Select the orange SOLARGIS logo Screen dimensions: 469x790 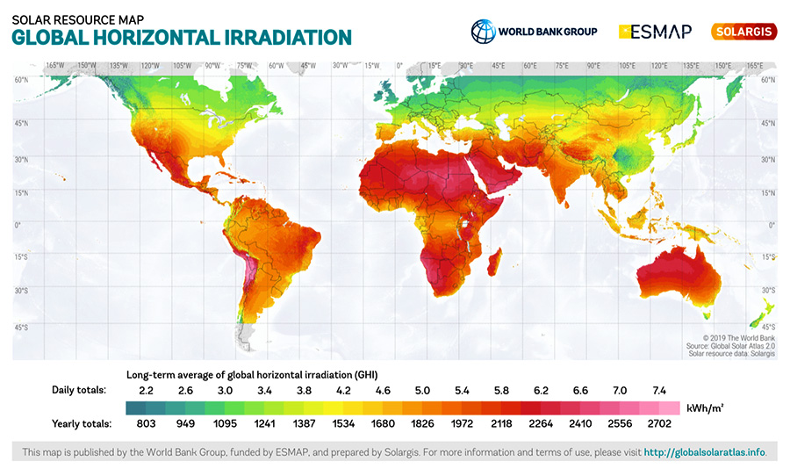[x=743, y=32]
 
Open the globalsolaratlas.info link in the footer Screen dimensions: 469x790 [x=705, y=452]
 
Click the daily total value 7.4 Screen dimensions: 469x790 [x=660, y=389]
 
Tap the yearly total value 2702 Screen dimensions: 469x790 [x=660, y=424]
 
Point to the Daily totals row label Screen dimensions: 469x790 [x=80, y=389]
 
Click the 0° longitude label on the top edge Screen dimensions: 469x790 [x=399, y=66]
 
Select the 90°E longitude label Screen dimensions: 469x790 [x=593, y=66]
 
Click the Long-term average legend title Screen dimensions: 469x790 [x=258, y=373]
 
